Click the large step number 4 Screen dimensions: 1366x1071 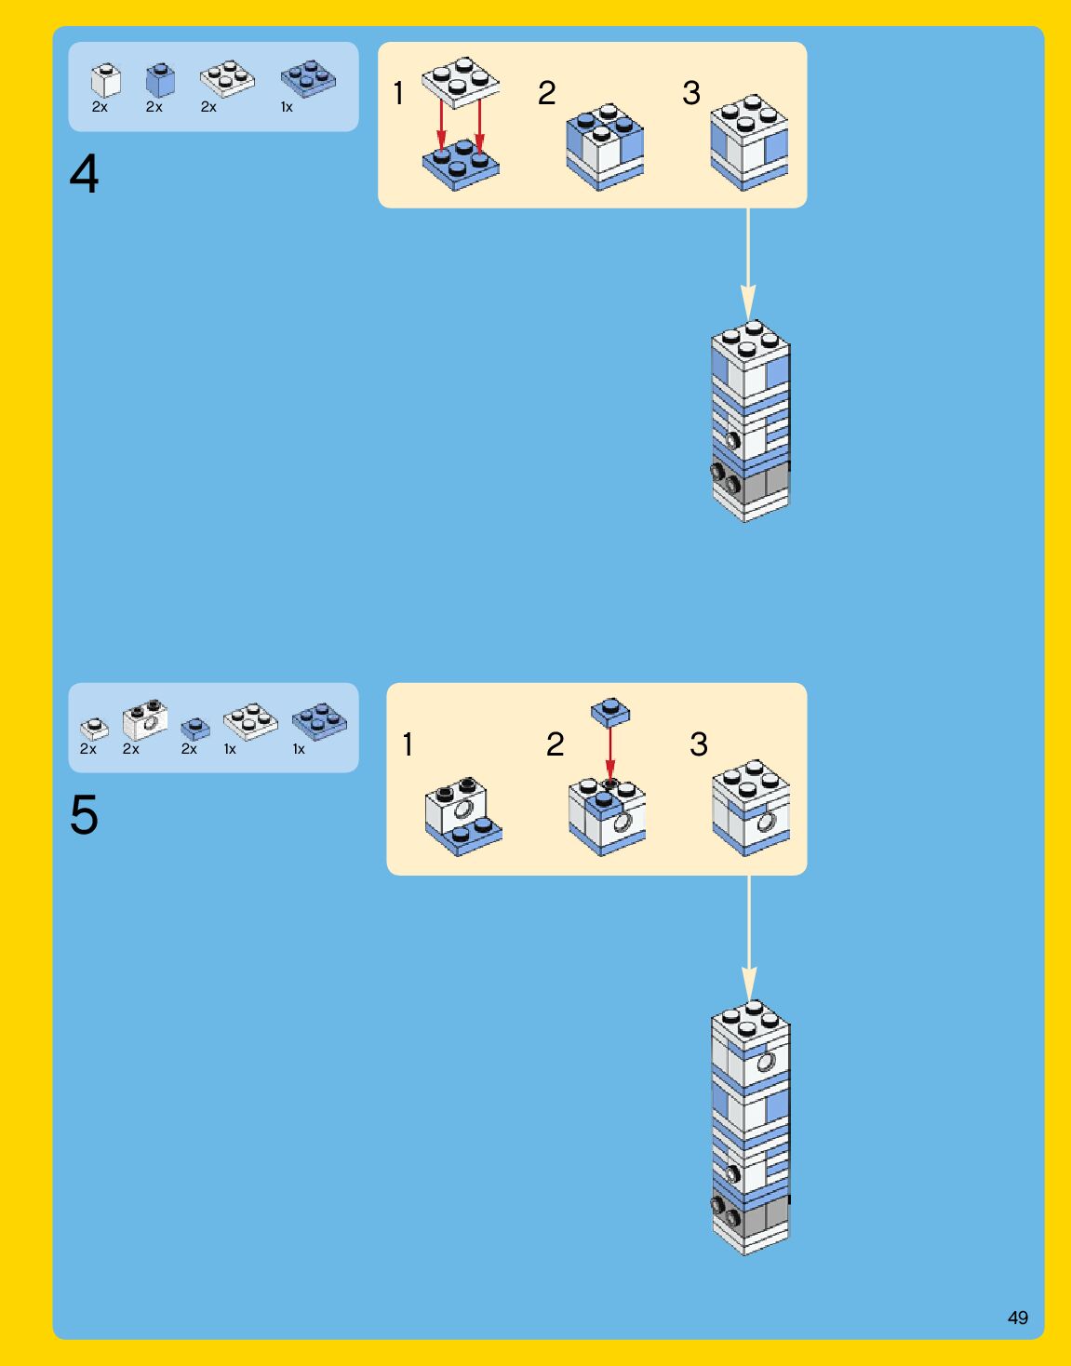(84, 174)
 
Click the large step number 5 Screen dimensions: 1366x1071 (84, 815)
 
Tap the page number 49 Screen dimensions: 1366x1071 (1017, 1318)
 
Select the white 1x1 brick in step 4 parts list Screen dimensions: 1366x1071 (105, 81)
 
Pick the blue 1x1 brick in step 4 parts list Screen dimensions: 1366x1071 (160, 81)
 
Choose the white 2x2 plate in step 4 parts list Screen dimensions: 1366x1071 (227, 79)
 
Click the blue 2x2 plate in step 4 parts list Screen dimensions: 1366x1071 (308, 79)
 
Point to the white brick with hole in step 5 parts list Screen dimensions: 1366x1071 (145, 720)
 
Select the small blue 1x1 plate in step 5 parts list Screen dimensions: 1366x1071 (195, 729)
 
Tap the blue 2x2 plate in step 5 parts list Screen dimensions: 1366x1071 (319, 721)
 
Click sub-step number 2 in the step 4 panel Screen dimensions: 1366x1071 (546, 93)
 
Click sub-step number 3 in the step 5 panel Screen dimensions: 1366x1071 (699, 744)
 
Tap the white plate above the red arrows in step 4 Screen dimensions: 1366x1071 (461, 81)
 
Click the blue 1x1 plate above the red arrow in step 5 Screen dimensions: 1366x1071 (610, 712)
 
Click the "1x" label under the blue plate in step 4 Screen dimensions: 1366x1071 (287, 108)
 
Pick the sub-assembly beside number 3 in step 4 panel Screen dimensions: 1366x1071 (749, 141)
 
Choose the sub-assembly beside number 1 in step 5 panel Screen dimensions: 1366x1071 (462, 816)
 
